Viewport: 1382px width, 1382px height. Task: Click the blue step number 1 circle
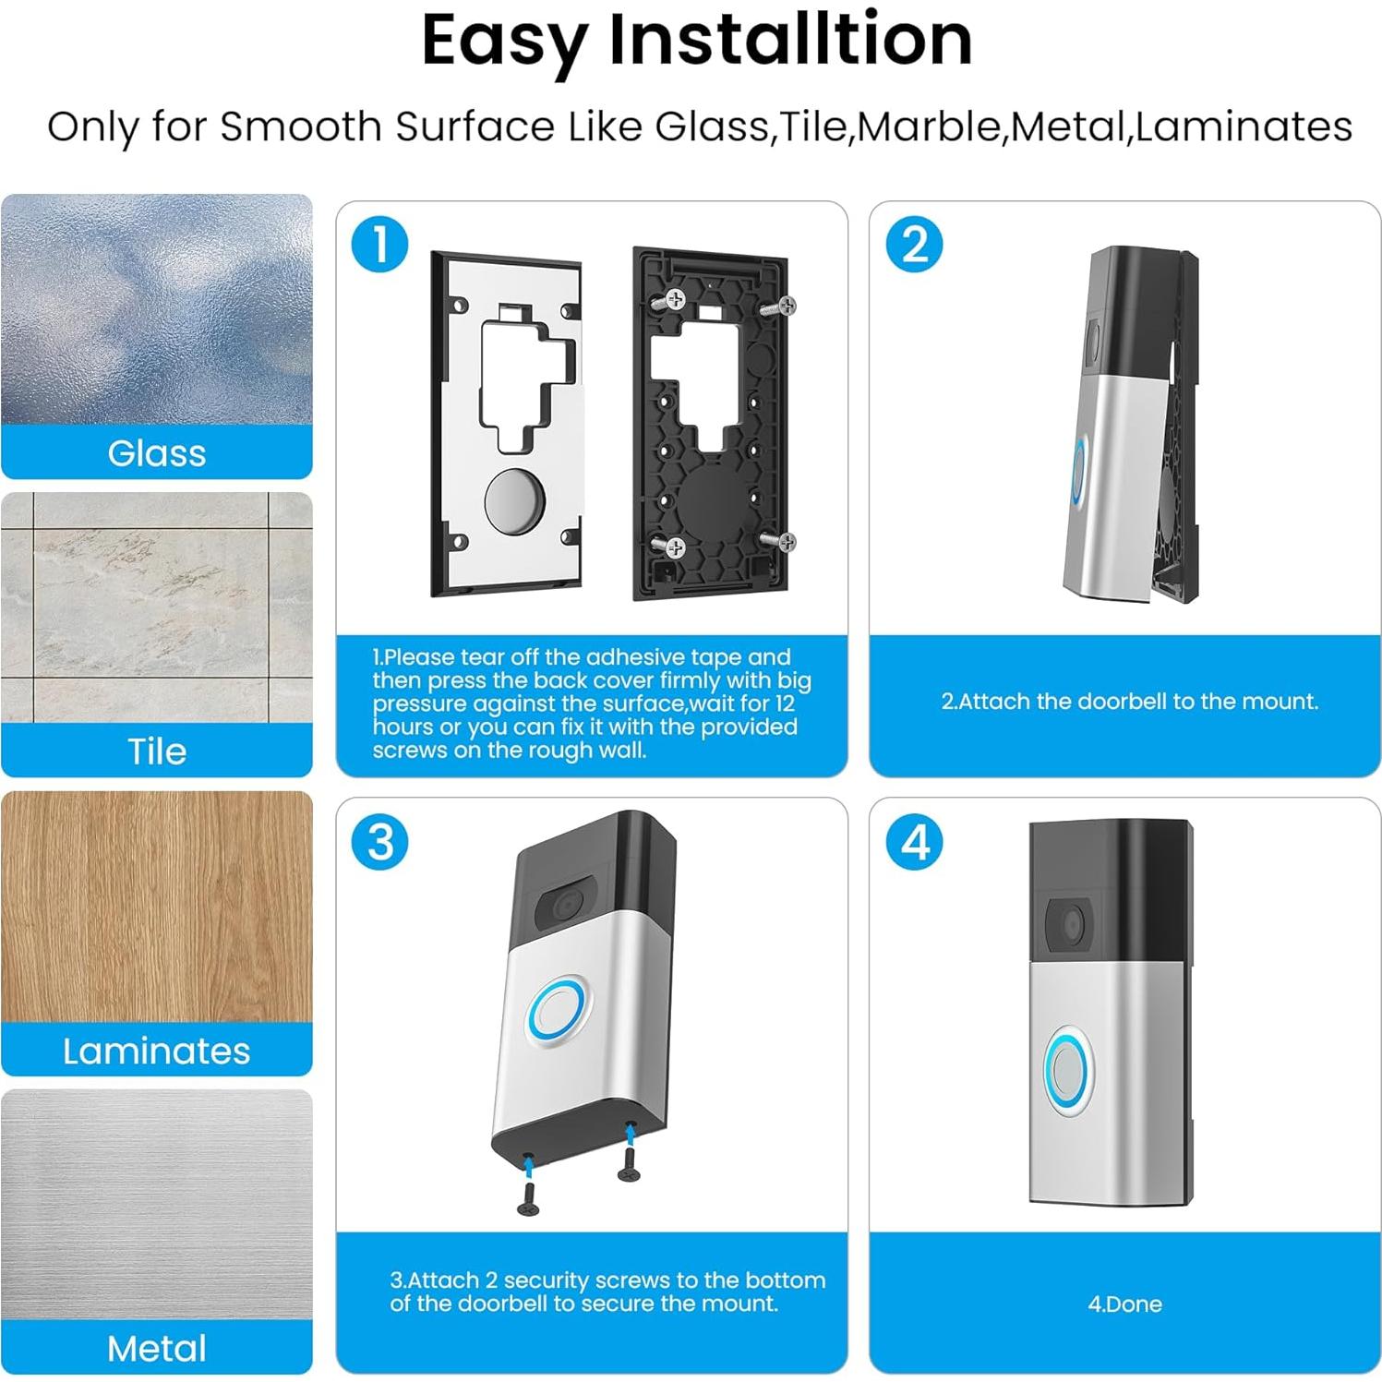click(379, 244)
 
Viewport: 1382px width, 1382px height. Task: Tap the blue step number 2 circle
click(914, 244)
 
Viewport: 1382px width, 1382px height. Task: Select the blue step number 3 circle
click(379, 842)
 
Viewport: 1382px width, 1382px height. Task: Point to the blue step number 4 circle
click(914, 842)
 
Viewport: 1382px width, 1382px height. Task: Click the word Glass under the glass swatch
click(157, 453)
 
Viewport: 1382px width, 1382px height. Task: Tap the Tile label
click(157, 751)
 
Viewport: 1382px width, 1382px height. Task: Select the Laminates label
click(157, 1051)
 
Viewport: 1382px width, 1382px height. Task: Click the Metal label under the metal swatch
click(157, 1349)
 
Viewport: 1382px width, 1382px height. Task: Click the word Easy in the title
click(504, 42)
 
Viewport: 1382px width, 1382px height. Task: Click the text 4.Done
click(1124, 1304)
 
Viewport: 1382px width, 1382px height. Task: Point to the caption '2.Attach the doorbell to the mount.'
click(1130, 702)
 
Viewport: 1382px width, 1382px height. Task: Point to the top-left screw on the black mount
click(672, 299)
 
